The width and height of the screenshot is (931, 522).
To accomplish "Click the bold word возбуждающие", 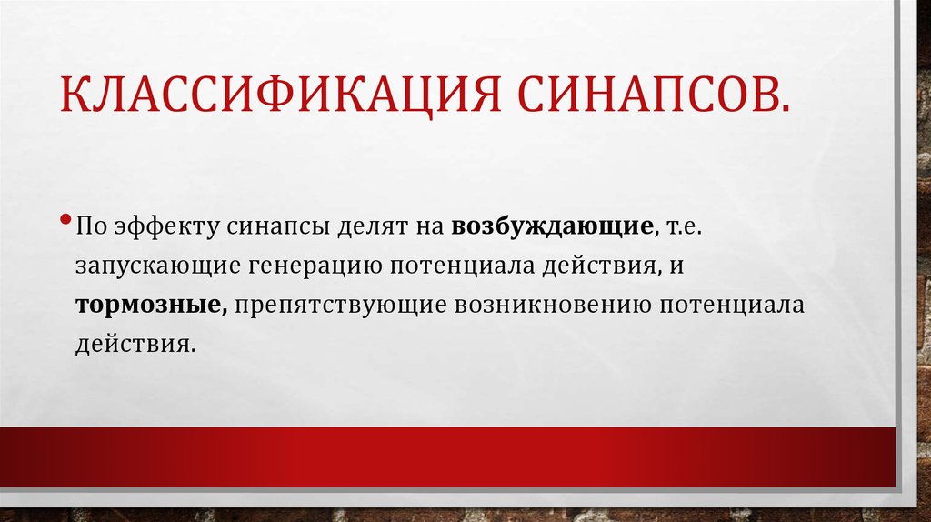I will (x=545, y=225).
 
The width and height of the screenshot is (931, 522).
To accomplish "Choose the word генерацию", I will (x=317, y=266).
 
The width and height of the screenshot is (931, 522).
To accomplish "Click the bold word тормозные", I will (x=151, y=305).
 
